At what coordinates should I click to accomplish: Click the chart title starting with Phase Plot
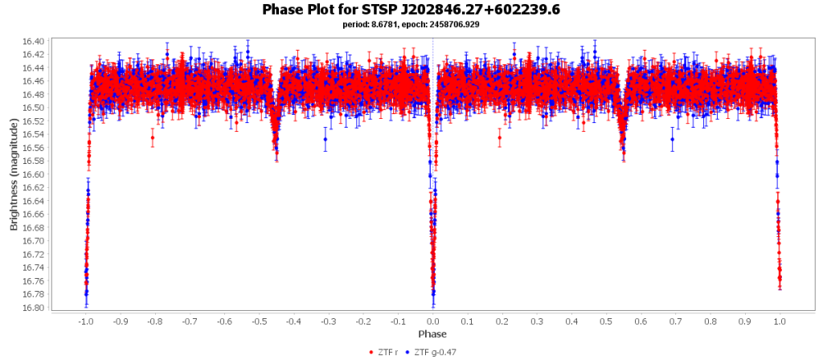[411, 10]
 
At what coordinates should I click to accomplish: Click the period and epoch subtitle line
[411, 24]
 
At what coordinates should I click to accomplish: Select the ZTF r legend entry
[385, 352]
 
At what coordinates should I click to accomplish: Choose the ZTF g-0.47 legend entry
[435, 352]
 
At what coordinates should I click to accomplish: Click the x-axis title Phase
[432, 333]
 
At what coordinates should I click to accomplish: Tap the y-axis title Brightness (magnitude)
[14, 174]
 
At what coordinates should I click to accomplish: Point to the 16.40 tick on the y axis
[35, 41]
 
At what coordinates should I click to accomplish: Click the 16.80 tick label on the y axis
[35, 308]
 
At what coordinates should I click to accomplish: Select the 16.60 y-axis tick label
[35, 174]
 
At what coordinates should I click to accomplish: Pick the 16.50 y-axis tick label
[35, 108]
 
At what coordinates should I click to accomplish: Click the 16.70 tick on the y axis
[35, 241]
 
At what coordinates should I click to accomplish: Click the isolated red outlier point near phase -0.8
[152, 137]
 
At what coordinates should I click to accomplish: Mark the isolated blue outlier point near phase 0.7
[672, 139]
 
